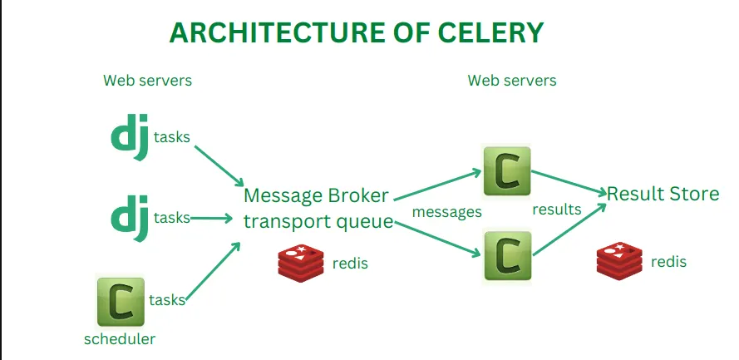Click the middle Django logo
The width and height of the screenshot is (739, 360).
[x=131, y=218]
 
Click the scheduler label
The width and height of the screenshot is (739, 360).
[x=119, y=338]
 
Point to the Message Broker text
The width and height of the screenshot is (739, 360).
[x=316, y=196]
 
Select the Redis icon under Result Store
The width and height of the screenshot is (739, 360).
[x=619, y=259]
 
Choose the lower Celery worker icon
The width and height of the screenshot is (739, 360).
[x=506, y=257]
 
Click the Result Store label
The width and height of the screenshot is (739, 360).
[x=663, y=194]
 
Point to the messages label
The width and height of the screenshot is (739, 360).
[x=447, y=212]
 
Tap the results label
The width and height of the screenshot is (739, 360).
[x=557, y=209]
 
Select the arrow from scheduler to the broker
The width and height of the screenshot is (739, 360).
[x=213, y=272]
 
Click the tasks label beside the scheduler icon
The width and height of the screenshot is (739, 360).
[x=167, y=300]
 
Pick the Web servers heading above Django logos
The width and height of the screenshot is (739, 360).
[x=147, y=81]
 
